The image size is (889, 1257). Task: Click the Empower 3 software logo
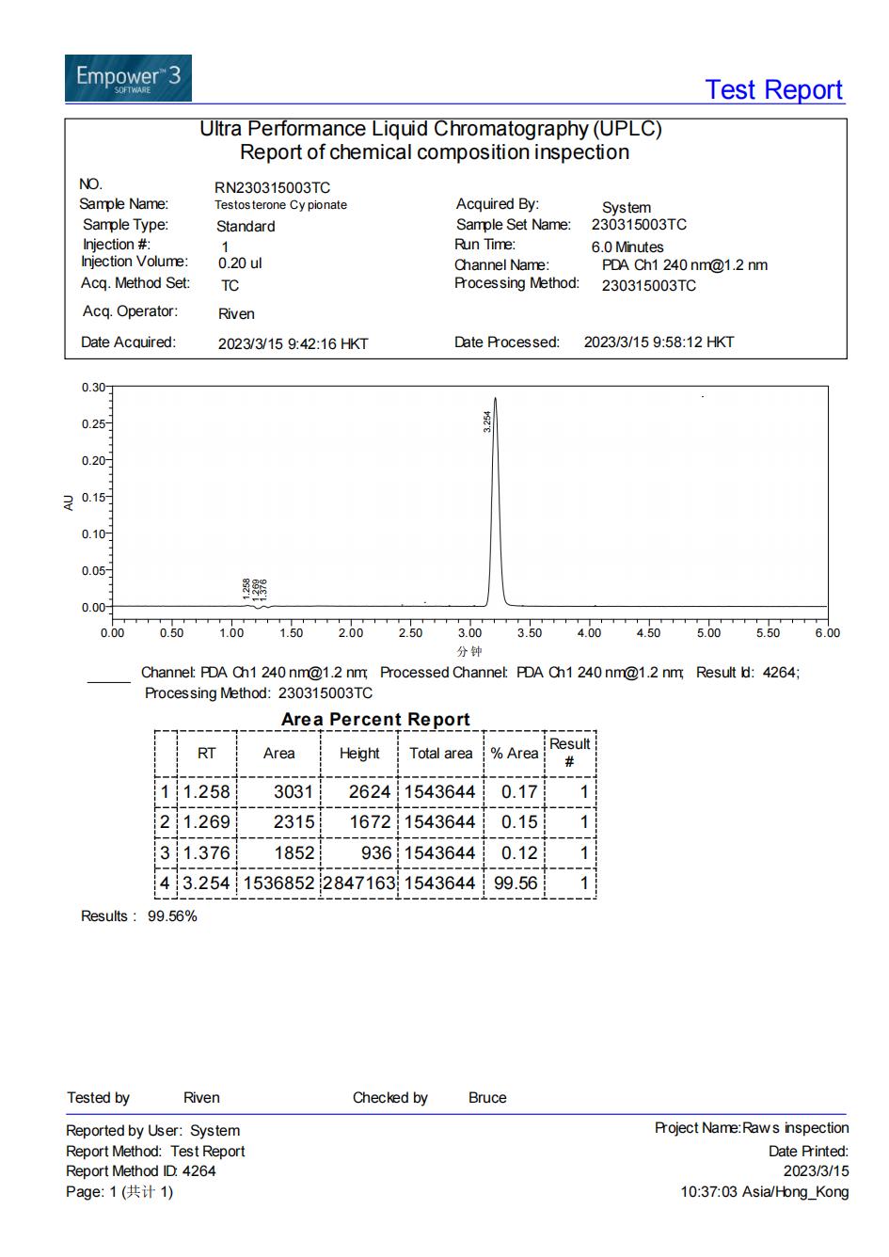[128, 78]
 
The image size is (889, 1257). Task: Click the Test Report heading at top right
[773, 90]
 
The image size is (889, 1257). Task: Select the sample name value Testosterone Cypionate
[280, 205]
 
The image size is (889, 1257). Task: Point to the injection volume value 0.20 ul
[240, 263]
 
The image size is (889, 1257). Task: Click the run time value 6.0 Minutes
[627, 247]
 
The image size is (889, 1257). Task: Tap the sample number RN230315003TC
[272, 188]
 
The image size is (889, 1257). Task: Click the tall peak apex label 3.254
[487, 421]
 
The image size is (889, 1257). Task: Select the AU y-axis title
[69, 502]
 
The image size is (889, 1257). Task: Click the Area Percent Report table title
[375, 720]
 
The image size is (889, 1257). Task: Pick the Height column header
[359, 754]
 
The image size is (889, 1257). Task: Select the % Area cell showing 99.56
[515, 883]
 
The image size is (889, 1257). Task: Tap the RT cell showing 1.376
[206, 853]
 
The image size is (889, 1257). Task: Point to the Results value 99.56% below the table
[172, 916]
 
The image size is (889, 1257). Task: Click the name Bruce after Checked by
[487, 1098]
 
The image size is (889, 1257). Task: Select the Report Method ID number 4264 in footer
[198, 1171]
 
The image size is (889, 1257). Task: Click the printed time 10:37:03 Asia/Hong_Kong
[764, 1192]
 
